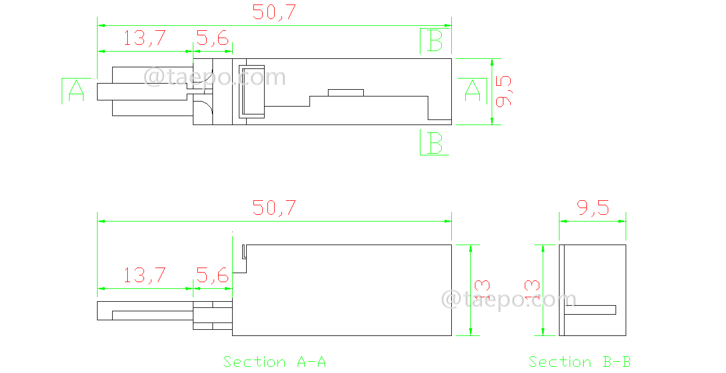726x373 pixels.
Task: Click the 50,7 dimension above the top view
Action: click(274, 12)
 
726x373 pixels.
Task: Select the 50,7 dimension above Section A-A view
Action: click(274, 208)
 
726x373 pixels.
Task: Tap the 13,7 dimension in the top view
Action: click(145, 39)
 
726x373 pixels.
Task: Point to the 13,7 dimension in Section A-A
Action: click(145, 275)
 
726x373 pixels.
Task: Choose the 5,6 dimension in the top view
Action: click(212, 39)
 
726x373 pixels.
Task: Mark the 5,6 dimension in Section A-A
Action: click(212, 275)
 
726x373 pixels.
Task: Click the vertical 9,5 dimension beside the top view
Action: click(504, 91)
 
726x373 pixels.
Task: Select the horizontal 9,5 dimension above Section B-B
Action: click(593, 209)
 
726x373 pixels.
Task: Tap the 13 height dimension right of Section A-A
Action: click(482, 290)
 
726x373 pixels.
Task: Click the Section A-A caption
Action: click(274, 362)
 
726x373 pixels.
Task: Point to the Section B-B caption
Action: click(580, 362)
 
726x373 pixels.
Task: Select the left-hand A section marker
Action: click(76, 91)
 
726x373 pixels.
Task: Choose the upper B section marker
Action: click(436, 41)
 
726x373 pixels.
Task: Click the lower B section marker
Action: click(436, 143)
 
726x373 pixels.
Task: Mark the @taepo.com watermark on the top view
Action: click(215, 77)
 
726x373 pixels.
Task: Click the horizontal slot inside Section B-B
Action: click(590, 310)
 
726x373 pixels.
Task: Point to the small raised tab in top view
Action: click(346, 93)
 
